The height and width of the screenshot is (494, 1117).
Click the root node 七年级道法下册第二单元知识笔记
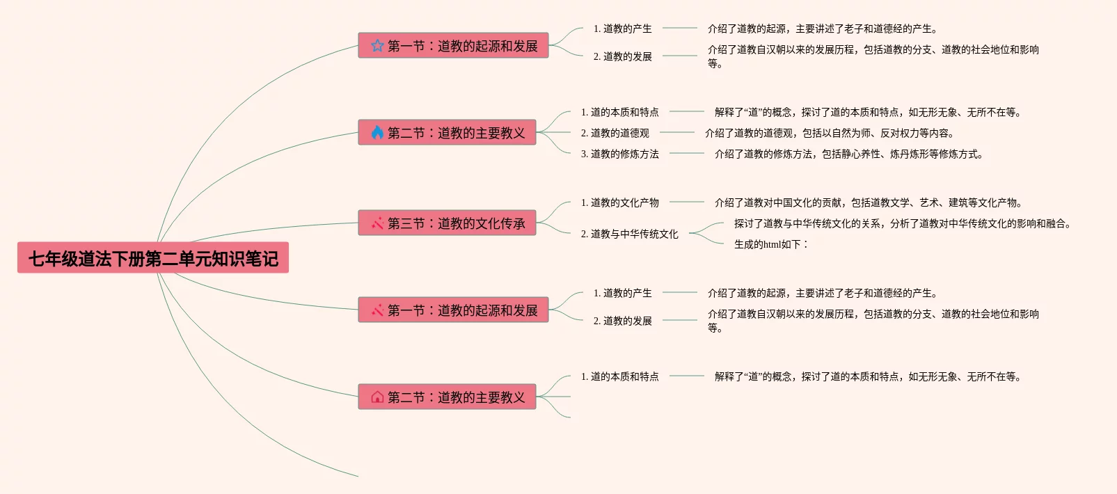pos(153,258)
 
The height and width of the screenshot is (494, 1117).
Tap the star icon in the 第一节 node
pos(377,46)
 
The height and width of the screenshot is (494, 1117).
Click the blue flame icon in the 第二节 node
pos(377,133)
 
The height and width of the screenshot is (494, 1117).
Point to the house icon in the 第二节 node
pos(377,397)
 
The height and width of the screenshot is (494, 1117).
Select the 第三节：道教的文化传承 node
pos(447,223)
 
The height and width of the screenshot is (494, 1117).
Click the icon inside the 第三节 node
pos(377,223)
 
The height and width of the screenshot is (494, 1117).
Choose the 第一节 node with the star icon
pos(453,46)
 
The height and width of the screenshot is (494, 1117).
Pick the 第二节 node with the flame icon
pos(447,133)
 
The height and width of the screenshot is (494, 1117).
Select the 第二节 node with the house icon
pos(447,397)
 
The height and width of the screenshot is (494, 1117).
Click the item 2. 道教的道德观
pos(615,133)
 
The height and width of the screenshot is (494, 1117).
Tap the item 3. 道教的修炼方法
pos(620,154)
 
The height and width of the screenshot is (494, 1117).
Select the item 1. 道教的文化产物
pos(620,202)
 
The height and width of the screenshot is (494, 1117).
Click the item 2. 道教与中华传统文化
pos(630,234)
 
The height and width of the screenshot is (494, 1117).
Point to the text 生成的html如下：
pos(771,244)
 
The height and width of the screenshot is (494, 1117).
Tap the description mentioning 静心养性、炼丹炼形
pos(849,154)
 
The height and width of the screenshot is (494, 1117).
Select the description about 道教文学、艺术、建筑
pos(869,202)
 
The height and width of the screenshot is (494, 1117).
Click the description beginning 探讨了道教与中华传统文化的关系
pos(903,223)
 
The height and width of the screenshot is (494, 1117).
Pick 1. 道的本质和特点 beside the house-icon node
pos(620,376)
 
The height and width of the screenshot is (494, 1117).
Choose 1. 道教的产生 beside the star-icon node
pos(623,29)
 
